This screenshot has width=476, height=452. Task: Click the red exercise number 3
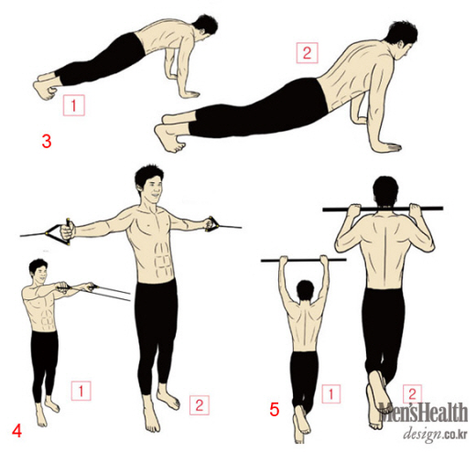[47, 142]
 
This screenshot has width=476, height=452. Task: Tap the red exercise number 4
[16, 432]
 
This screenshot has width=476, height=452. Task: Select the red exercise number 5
[275, 410]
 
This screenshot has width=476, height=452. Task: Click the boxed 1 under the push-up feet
[73, 105]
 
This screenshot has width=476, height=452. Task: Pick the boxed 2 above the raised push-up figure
[307, 53]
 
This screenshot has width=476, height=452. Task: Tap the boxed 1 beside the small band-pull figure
[81, 391]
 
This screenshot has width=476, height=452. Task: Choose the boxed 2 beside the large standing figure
[200, 405]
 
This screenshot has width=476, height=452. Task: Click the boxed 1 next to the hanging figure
[330, 393]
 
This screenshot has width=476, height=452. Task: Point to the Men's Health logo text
[423, 413]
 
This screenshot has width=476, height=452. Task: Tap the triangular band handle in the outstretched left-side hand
[59, 231]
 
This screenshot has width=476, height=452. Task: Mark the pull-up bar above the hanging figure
[304, 261]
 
